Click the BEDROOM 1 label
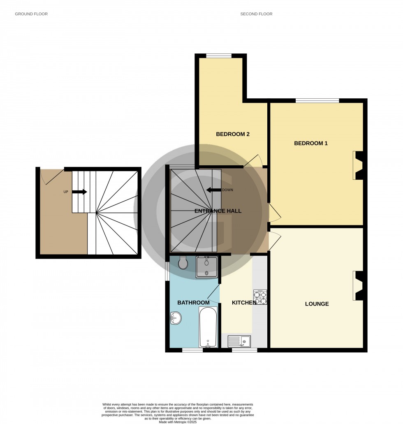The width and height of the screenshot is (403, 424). click(310, 144)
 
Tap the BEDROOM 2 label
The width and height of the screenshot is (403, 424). click(233, 134)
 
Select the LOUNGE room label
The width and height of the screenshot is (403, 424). click(317, 304)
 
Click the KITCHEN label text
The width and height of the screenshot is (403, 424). click(244, 303)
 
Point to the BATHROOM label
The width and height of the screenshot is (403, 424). click(193, 303)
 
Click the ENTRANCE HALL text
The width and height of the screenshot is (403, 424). click(218, 211)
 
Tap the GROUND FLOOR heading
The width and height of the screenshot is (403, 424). click(31, 14)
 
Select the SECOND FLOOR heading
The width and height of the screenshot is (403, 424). click(256, 14)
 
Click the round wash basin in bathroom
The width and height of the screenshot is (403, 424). click(175, 318)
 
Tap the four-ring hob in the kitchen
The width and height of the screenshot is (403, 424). click(260, 297)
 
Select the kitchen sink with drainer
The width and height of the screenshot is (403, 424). click(239, 341)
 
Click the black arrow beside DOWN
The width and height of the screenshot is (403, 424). click(213, 190)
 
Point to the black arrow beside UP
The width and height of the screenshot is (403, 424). click(79, 192)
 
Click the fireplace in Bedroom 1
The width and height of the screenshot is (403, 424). click(358, 165)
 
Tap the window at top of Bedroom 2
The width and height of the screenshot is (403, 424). click(219, 56)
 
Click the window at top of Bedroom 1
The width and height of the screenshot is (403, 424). click(317, 100)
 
